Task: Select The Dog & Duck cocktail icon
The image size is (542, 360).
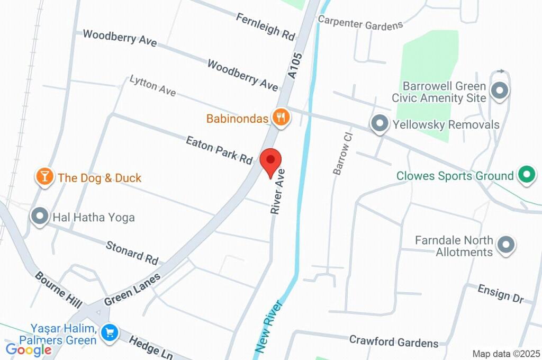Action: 44,177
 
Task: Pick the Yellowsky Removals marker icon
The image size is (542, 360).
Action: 380,124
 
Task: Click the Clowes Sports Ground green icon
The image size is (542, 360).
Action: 526,175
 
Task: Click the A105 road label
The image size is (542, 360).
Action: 296,66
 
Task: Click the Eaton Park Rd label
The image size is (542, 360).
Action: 219,150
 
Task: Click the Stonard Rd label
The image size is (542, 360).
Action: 132,253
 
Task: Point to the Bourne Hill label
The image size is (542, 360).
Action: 58,290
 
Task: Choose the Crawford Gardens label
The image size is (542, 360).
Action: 394,341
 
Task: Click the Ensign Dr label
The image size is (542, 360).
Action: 500,294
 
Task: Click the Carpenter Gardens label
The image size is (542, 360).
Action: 360,22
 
